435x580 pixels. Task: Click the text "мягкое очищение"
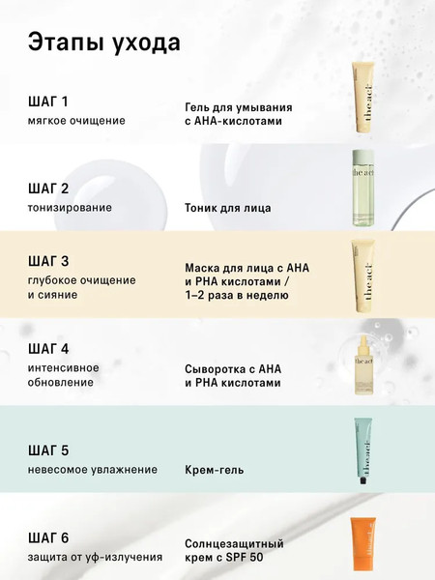point(77,121)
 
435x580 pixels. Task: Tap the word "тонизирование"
point(71,207)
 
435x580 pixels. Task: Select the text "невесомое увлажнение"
point(93,469)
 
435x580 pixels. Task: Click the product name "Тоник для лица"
point(228,207)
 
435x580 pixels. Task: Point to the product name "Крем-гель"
point(214,469)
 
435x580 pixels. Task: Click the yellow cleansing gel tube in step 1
point(362,98)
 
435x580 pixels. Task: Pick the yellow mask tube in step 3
point(362,274)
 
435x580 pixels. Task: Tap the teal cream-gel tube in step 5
point(362,452)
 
